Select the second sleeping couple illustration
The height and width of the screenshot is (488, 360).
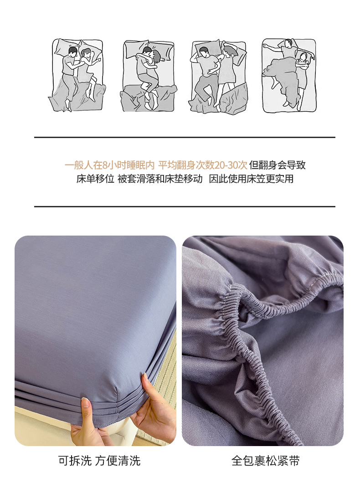(149, 76)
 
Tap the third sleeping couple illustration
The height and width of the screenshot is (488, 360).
(219, 76)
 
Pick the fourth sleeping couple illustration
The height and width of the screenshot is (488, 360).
(289, 75)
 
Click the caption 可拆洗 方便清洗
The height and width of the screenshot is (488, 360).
(99, 461)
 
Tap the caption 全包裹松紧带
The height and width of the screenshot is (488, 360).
(265, 461)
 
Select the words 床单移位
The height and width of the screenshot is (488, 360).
(95, 179)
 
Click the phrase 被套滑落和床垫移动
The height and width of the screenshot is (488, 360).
(160, 179)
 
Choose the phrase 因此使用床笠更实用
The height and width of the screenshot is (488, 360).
(251, 179)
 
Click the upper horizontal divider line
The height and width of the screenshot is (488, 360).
(185, 137)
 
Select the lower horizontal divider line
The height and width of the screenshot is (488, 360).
(185, 206)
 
